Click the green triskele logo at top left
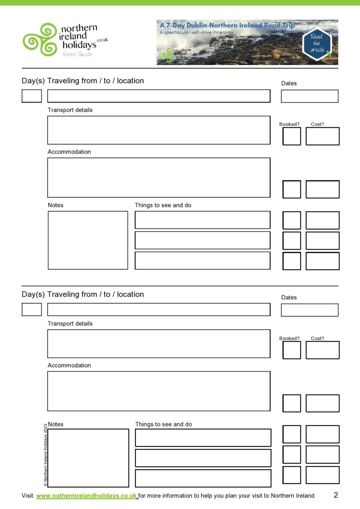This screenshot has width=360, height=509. tap(40, 40)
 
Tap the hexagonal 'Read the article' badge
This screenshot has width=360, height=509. tap(317, 43)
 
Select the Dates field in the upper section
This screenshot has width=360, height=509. tap(309, 96)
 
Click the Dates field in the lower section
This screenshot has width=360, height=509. tap(309, 310)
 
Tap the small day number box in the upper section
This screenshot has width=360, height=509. tap(31, 96)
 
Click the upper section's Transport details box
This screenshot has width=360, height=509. tap(159, 130)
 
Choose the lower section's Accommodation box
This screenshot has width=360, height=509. tap(159, 391)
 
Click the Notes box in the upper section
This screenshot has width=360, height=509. tap(87, 240)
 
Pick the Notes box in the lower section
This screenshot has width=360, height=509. tap(88, 458)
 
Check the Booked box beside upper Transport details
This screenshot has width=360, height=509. tap(292, 136)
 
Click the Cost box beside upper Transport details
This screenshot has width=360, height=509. tap(322, 136)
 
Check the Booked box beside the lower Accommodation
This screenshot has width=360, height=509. tap(292, 403)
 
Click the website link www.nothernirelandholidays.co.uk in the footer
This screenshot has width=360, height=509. tap(87, 496)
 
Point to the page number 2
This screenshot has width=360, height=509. tap(336, 495)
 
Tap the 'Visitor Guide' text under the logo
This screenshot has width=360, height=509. tap(77, 54)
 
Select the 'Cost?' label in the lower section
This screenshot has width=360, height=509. tap(317, 339)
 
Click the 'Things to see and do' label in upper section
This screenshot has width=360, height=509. tap(163, 206)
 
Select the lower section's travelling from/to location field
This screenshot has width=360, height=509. tap(159, 310)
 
